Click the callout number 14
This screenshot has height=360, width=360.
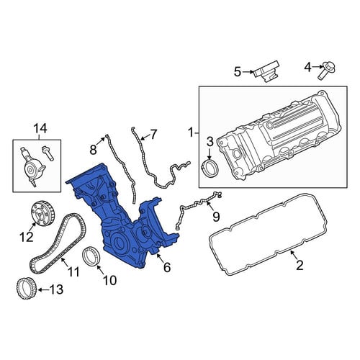(x=40, y=129)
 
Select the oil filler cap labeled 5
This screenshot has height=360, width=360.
(x=266, y=71)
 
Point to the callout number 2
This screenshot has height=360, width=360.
(x=300, y=265)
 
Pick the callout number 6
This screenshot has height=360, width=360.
(x=167, y=267)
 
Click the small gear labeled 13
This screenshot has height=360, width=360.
(x=25, y=288)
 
